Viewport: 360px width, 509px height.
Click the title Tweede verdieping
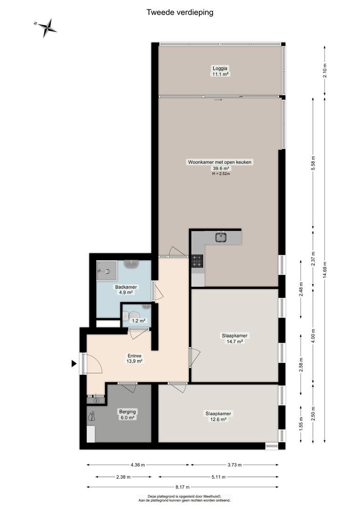(180, 12)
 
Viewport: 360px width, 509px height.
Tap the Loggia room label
(220, 68)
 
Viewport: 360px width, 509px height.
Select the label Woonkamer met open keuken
(220, 162)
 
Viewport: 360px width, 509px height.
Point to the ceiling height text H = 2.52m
(221, 173)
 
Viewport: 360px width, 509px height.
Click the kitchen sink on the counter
(221, 237)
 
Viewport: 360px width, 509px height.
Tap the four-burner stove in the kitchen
(197, 261)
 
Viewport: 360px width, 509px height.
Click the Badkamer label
(126, 287)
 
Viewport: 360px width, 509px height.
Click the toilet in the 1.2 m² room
(133, 315)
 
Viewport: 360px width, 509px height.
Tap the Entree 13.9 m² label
(134, 358)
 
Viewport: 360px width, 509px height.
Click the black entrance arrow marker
(74, 364)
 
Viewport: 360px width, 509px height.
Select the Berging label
(127, 411)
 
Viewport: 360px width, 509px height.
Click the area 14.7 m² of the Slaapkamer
(235, 342)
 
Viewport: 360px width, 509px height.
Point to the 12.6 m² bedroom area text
(218, 419)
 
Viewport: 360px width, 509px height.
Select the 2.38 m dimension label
(123, 477)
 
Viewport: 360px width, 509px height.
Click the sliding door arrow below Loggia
(219, 99)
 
